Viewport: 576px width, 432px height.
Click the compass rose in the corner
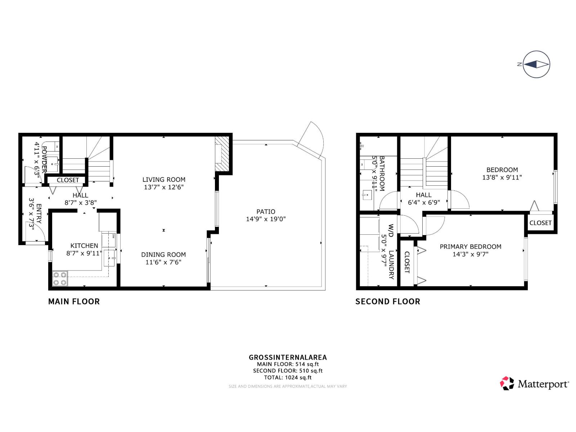(x=536, y=64)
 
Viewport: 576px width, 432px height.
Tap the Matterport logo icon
(x=507, y=383)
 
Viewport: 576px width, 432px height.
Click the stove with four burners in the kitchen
(x=60, y=278)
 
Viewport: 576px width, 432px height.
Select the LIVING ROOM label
(x=164, y=180)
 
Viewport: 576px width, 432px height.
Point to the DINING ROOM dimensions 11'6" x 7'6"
(x=163, y=262)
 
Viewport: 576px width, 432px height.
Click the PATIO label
(x=266, y=212)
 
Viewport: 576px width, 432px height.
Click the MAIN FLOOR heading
(x=74, y=302)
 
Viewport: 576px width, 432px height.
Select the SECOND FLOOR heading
(x=388, y=302)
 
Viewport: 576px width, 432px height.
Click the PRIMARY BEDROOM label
(x=470, y=247)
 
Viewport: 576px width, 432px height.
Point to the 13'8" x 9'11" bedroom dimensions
(x=502, y=177)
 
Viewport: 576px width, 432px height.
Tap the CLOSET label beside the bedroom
(x=540, y=223)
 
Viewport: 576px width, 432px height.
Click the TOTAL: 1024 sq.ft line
(x=288, y=377)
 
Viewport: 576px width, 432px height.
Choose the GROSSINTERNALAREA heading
(x=288, y=357)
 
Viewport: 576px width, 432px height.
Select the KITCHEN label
(x=84, y=246)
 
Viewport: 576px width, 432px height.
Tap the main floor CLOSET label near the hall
(x=68, y=180)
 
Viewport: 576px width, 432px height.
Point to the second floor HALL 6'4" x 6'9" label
(x=424, y=199)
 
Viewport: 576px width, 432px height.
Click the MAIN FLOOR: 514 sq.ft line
(x=288, y=364)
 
